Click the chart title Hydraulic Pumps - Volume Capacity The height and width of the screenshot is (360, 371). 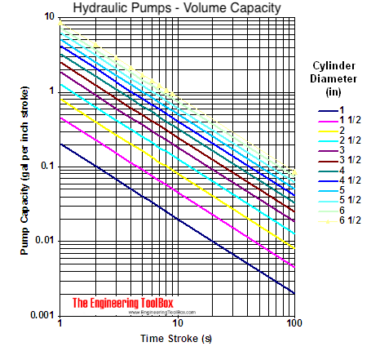[177, 8]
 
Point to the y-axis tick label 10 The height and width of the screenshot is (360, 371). [50, 16]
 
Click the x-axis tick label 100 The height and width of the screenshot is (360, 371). [294, 325]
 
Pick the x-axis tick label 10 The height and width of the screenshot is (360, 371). [177, 325]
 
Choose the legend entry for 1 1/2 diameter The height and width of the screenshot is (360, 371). [335, 119]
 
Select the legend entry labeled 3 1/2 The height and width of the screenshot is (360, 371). [335, 159]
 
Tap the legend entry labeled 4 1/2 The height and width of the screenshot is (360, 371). [335, 180]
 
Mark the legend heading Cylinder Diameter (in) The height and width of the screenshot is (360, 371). [333, 78]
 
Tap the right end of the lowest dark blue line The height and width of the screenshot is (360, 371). [294, 292]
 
